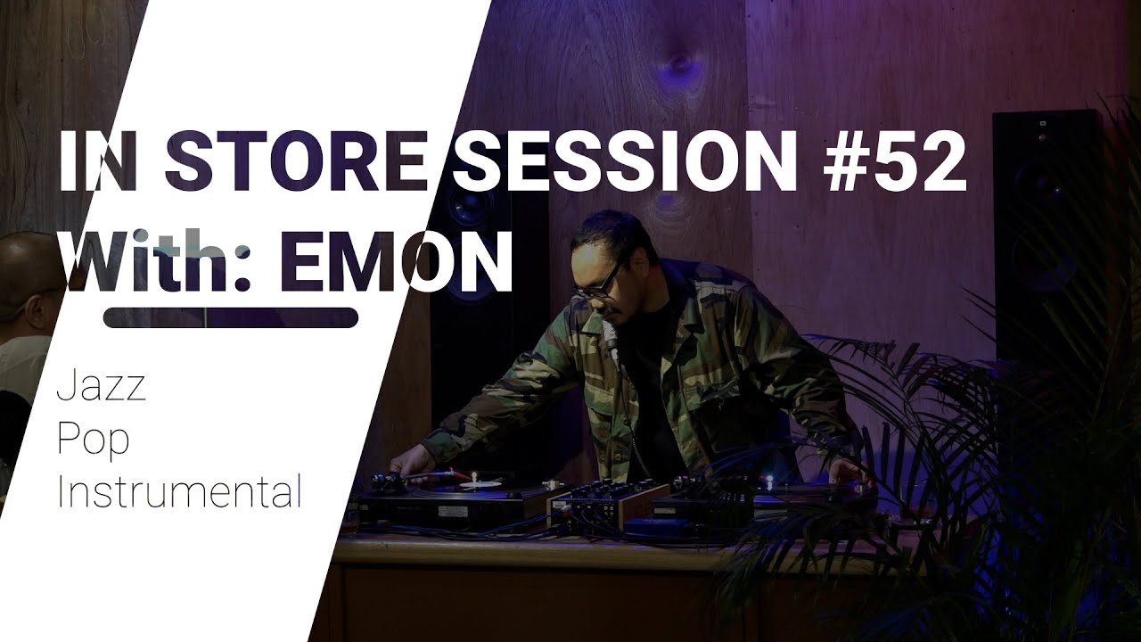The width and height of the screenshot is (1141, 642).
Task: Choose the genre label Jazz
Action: pos(101,390)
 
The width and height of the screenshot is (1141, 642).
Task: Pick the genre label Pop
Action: pos(93,441)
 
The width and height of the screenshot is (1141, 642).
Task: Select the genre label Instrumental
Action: pos(178,492)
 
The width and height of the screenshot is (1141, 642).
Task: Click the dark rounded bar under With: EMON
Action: pos(231,317)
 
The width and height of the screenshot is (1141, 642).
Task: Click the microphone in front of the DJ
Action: pos(611,335)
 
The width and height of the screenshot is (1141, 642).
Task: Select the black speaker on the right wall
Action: pos(1047,232)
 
